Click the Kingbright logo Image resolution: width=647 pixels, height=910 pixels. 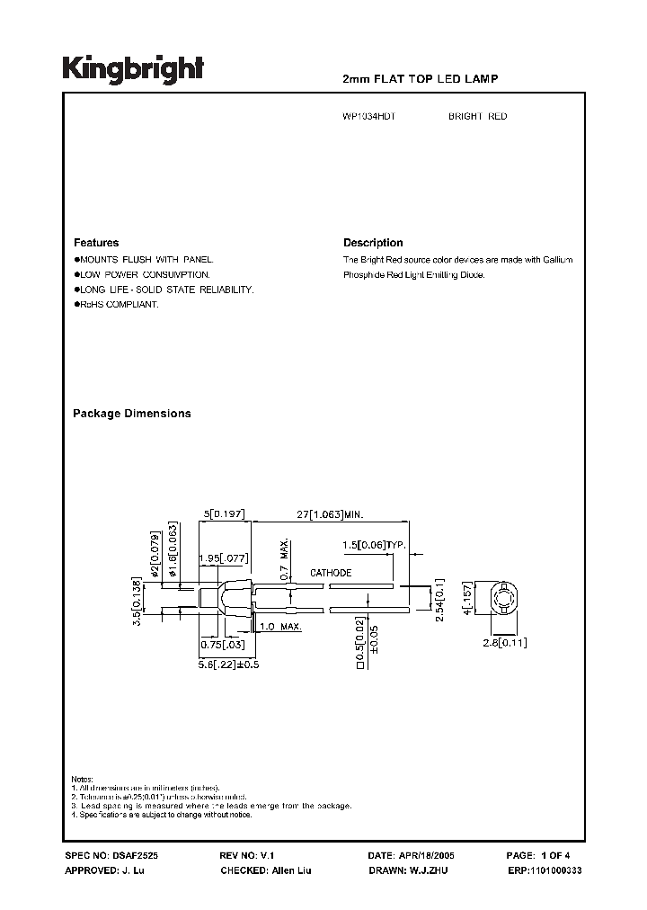(x=133, y=68)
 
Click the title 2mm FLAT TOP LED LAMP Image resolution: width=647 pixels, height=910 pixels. (x=421, y=80)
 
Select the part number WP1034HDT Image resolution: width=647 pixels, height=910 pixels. (x=368, y=117)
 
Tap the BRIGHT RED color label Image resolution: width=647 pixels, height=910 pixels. (x=477, y=117)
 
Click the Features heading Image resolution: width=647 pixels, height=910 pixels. (x=95, y=243)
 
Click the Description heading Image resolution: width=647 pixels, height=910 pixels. (x=373, y=243)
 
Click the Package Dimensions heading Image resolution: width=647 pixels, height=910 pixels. (x=131, y=414)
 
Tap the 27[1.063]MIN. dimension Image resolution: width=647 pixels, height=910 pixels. (x=331, y=515)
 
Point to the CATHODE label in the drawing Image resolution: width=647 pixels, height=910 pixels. (x=331, y=573)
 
